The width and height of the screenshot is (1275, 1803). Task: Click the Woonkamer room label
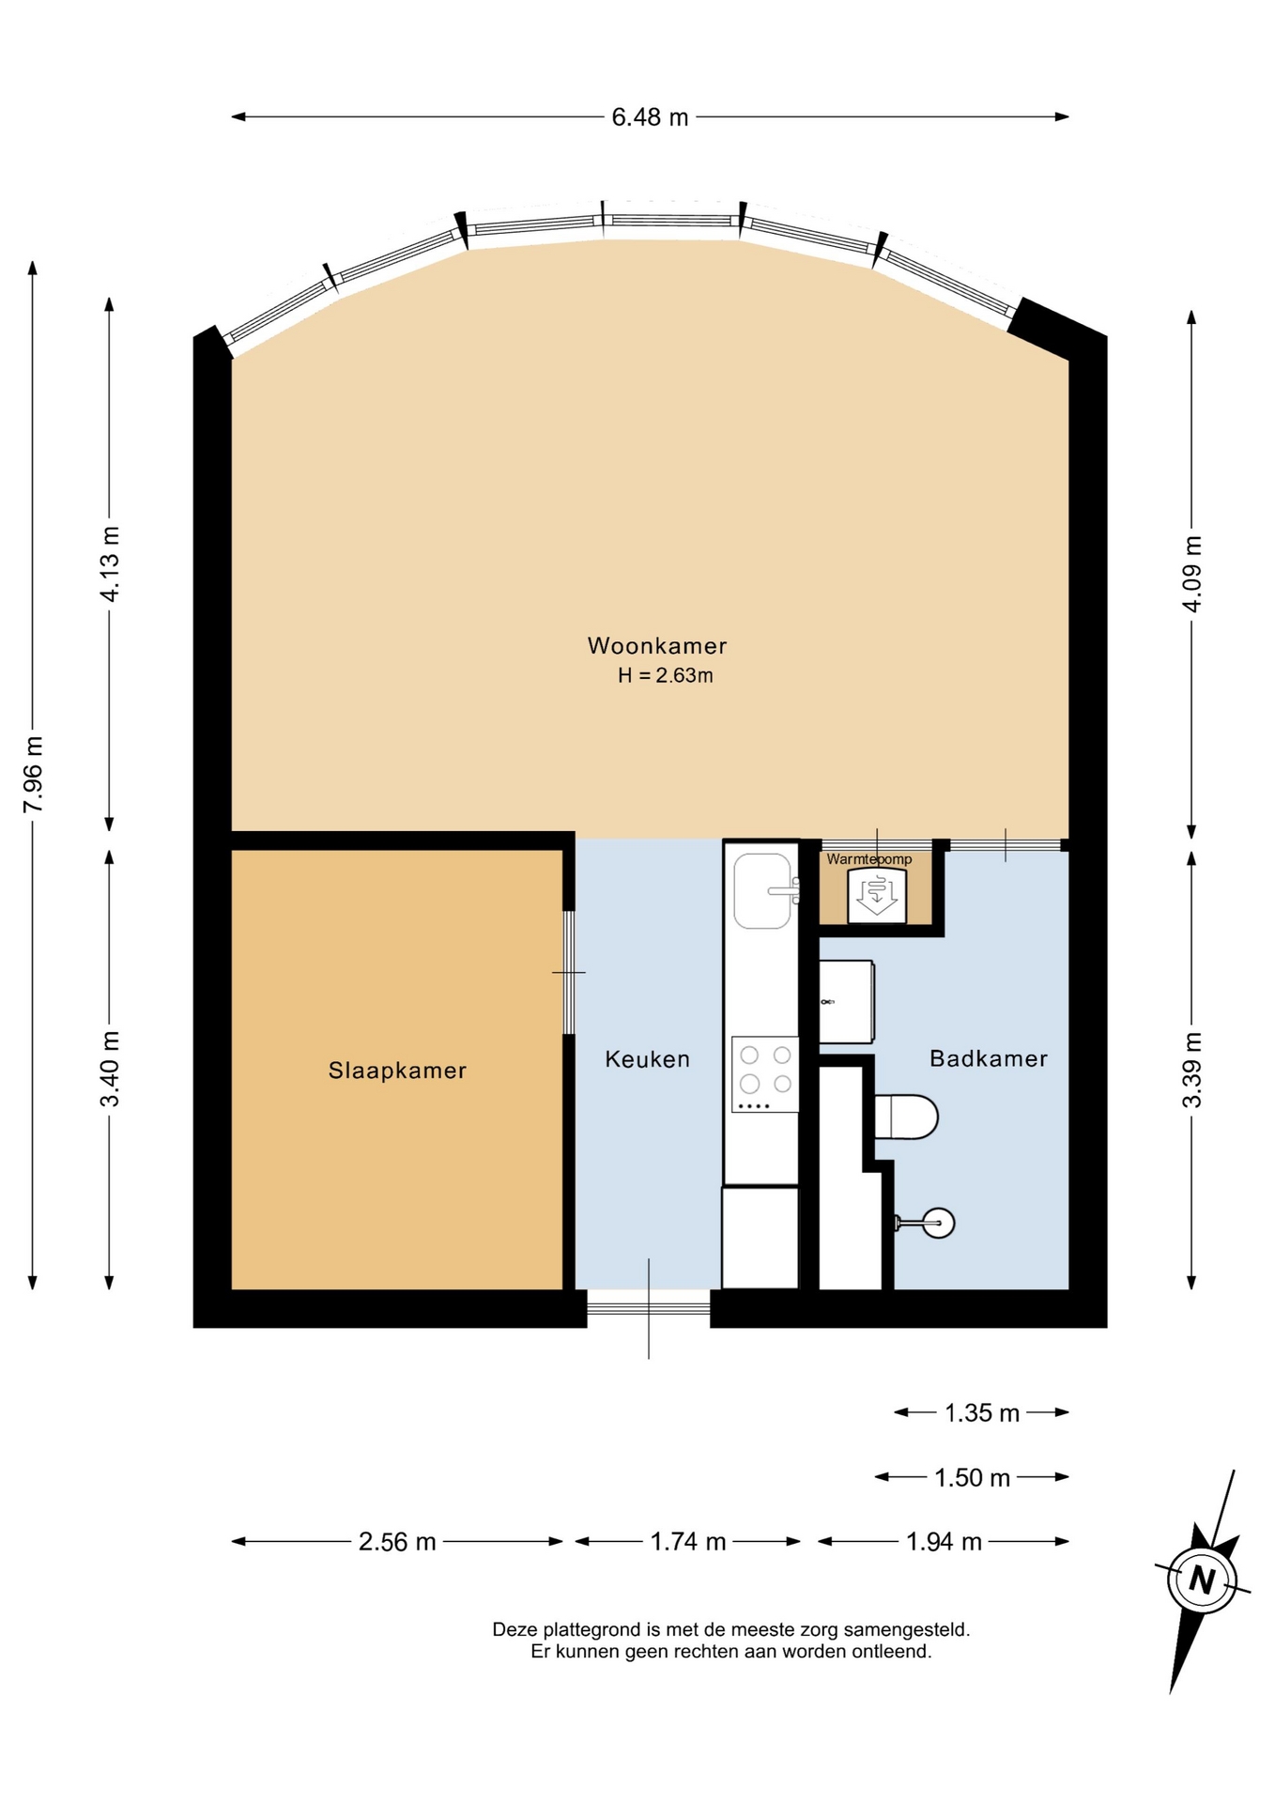(656, 645)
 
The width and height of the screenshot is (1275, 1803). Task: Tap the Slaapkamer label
(397, 1070)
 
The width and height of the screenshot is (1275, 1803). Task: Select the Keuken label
(647, 1058)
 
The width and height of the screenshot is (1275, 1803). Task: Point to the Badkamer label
(988, 1058)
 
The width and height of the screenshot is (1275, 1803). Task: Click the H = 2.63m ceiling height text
(665, 675)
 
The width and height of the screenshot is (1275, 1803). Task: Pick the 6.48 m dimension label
(650, 117)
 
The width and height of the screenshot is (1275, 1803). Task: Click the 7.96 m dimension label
(33, 775)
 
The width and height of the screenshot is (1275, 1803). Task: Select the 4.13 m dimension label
(110, 564)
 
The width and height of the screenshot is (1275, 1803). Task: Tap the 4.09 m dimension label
(1191, 574)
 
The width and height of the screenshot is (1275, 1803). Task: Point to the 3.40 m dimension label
(110, 1069)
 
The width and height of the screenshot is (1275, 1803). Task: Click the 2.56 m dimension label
(397, 1541)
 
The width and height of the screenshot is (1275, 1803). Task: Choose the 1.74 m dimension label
(688, 1541)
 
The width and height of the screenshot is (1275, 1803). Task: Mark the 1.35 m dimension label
(982, 1412)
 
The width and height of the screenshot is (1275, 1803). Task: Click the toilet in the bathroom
(906, 1117)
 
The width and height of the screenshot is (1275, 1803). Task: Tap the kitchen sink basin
(762, 890)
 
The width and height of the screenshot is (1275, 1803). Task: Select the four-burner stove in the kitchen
(765, 1074)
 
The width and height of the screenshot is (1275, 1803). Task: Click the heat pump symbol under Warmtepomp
(877, 895)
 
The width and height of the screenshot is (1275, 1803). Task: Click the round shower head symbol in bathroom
(939, 1223)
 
